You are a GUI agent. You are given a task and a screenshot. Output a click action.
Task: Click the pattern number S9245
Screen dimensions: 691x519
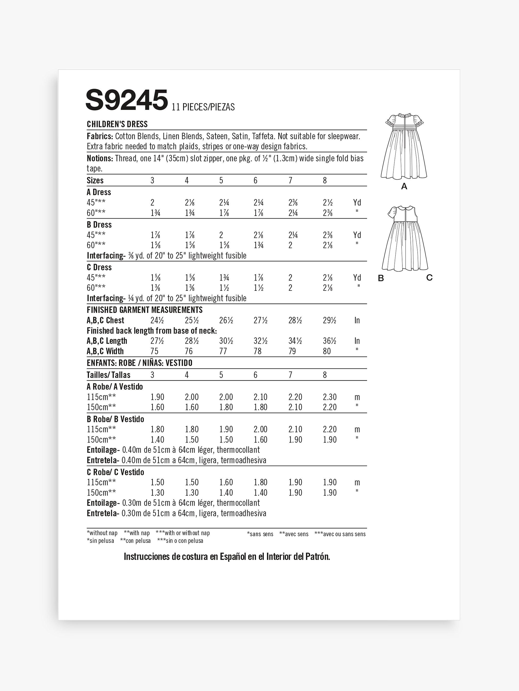(126, 100)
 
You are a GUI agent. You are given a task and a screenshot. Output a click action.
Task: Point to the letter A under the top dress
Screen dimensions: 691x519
(404, 187)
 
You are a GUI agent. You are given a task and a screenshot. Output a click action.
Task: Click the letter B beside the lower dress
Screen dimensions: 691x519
(381, 278)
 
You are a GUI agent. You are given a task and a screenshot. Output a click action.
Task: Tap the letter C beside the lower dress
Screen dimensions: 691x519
(429, 277)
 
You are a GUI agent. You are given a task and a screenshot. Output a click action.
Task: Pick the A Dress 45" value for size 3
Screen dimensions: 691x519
(152, 202)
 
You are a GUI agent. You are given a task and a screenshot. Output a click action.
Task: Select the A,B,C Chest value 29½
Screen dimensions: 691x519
(329, 320)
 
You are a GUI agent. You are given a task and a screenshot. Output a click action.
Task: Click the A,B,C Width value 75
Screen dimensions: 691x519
(155, 351)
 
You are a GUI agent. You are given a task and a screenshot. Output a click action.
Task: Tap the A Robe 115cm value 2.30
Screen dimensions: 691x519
(330, 397)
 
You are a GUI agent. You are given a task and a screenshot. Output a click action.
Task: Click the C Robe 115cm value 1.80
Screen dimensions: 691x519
(260, 482)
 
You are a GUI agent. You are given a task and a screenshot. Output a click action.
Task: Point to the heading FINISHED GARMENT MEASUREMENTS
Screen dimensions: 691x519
(145, 310)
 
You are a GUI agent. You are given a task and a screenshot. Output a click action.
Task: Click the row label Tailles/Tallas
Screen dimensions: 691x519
(108, 375)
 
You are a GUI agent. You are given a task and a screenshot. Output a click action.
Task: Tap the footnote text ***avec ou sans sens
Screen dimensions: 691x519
(340, 534)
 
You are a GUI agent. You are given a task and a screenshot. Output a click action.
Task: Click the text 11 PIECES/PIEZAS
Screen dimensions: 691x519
(203, 107)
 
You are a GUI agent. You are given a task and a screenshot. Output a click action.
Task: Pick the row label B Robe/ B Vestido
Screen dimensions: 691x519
(115, 419)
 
